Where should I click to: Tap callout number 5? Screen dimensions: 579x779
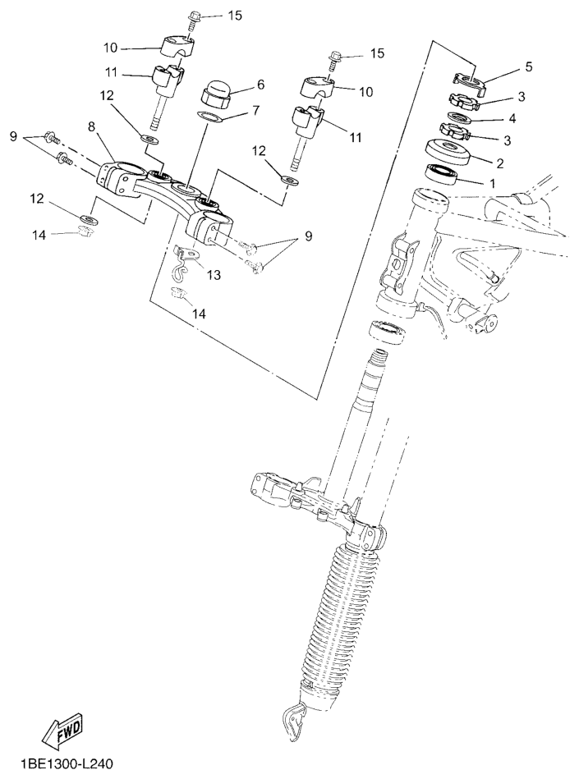[529, 66]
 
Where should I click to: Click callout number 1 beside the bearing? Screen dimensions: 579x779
[493, 183]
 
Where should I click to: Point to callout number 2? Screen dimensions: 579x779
[500, 163]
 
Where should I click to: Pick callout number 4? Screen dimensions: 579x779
[512, 119]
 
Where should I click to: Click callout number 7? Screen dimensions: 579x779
[255, 110]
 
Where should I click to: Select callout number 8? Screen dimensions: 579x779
[90, 126]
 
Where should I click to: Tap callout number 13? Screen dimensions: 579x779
[214, 275]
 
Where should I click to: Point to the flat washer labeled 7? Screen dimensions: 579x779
[209, 118]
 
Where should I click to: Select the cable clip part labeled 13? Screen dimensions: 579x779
[186, 262]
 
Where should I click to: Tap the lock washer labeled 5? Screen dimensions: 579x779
[469, 82]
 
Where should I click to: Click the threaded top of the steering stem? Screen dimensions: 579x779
[379, 358]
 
